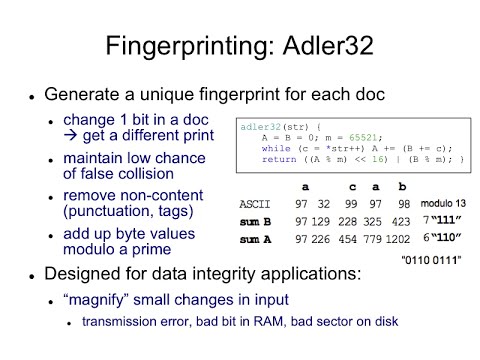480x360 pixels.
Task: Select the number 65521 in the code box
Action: point(337,136)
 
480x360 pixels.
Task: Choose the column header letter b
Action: point(401,186)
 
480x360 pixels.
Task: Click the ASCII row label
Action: point(255,203)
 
